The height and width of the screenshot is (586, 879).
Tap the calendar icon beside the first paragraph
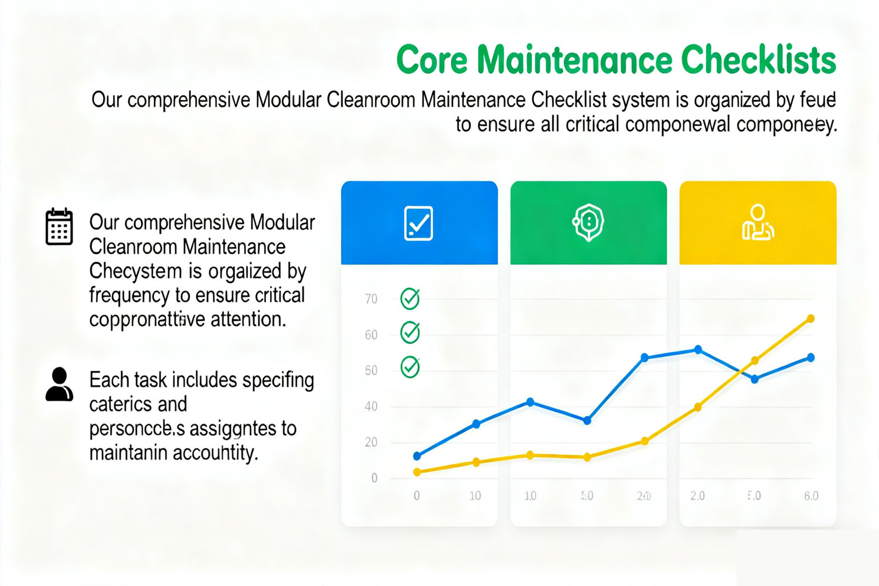coord(59,226)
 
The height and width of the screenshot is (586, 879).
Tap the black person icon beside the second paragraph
coord(59,384)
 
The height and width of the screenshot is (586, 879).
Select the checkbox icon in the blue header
coord(418,223)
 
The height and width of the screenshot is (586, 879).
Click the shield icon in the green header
coord(588,222)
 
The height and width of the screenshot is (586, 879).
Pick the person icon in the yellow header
coord(758,223)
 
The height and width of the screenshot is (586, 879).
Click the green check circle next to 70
coord(410,299)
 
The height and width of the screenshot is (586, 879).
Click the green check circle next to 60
coord(410,333)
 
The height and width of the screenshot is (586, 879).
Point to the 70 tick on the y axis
coord(371,299)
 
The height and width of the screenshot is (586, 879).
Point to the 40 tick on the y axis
coord(371,407)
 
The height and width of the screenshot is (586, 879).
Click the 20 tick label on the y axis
coord(371,442)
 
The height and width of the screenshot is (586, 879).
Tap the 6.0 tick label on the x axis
coord(811,496)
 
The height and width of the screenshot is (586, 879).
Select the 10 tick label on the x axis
coord(475,496)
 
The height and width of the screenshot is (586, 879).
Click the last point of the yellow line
coord(811,319)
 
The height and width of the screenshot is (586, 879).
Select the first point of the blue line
coord(417,456)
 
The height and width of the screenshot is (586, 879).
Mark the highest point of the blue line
coord(698,349)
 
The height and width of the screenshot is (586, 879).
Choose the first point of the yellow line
coord(417,472)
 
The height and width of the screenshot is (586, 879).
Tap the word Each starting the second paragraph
coord(109,380)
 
